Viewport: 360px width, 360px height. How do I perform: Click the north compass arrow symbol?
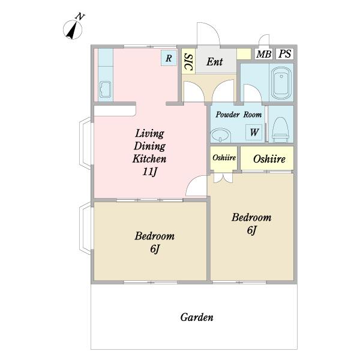click(x=73, y=29)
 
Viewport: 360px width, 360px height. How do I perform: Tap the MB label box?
click(x=263, y=54)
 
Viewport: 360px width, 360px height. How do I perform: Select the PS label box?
click(x=284, y=54)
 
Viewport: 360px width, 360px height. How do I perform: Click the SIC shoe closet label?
click(x=189, y=62)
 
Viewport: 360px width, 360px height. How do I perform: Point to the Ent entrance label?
click(x=215, y=62)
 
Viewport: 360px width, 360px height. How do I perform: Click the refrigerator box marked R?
click(x=169, y=58)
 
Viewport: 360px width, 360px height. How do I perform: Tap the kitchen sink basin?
click(x=106, y=89)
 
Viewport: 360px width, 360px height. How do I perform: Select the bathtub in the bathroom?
click(x=281, y=83)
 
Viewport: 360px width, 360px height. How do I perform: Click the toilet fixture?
click(x=280, y=130)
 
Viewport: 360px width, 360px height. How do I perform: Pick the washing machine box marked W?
click(x=254, y=132)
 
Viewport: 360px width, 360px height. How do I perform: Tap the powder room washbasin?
click(x=220, y=135)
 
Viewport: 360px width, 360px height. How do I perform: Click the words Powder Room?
click(x=239, y=115)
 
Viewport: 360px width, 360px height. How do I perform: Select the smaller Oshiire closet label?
click(x=224, y=158)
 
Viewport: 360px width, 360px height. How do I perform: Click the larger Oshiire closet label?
click(x=269, y=159)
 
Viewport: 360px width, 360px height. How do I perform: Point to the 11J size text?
click(x=149, y=172)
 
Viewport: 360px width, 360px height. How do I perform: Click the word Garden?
click(x=197, y=317)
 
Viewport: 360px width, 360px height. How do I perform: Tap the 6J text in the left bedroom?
click(x=155, y=249)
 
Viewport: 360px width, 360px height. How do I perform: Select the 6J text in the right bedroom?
click(x=251, y=230)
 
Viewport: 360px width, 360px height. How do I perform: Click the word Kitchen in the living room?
click(x=149, y=158)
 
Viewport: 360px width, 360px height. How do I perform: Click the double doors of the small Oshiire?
click(x=223, y=178)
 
